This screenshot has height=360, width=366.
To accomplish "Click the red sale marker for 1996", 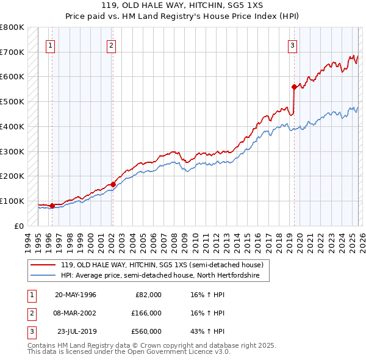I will click(52, 206).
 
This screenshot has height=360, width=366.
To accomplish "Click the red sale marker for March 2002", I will click(113, 184).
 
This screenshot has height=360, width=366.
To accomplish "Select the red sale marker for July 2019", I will click(294, 87).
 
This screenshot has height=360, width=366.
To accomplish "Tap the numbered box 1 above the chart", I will click(49, 45).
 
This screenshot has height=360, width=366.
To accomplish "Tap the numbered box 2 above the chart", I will click(111, 45).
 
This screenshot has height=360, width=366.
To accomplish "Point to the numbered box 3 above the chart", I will click(292, 45).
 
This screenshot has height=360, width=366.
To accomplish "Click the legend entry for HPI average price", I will click(160, 276).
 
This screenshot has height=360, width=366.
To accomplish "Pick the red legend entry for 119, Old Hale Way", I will click(162, 265).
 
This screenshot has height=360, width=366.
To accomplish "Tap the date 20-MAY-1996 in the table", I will click(75, 295).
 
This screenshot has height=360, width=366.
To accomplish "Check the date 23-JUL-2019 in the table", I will click(76, 331).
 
